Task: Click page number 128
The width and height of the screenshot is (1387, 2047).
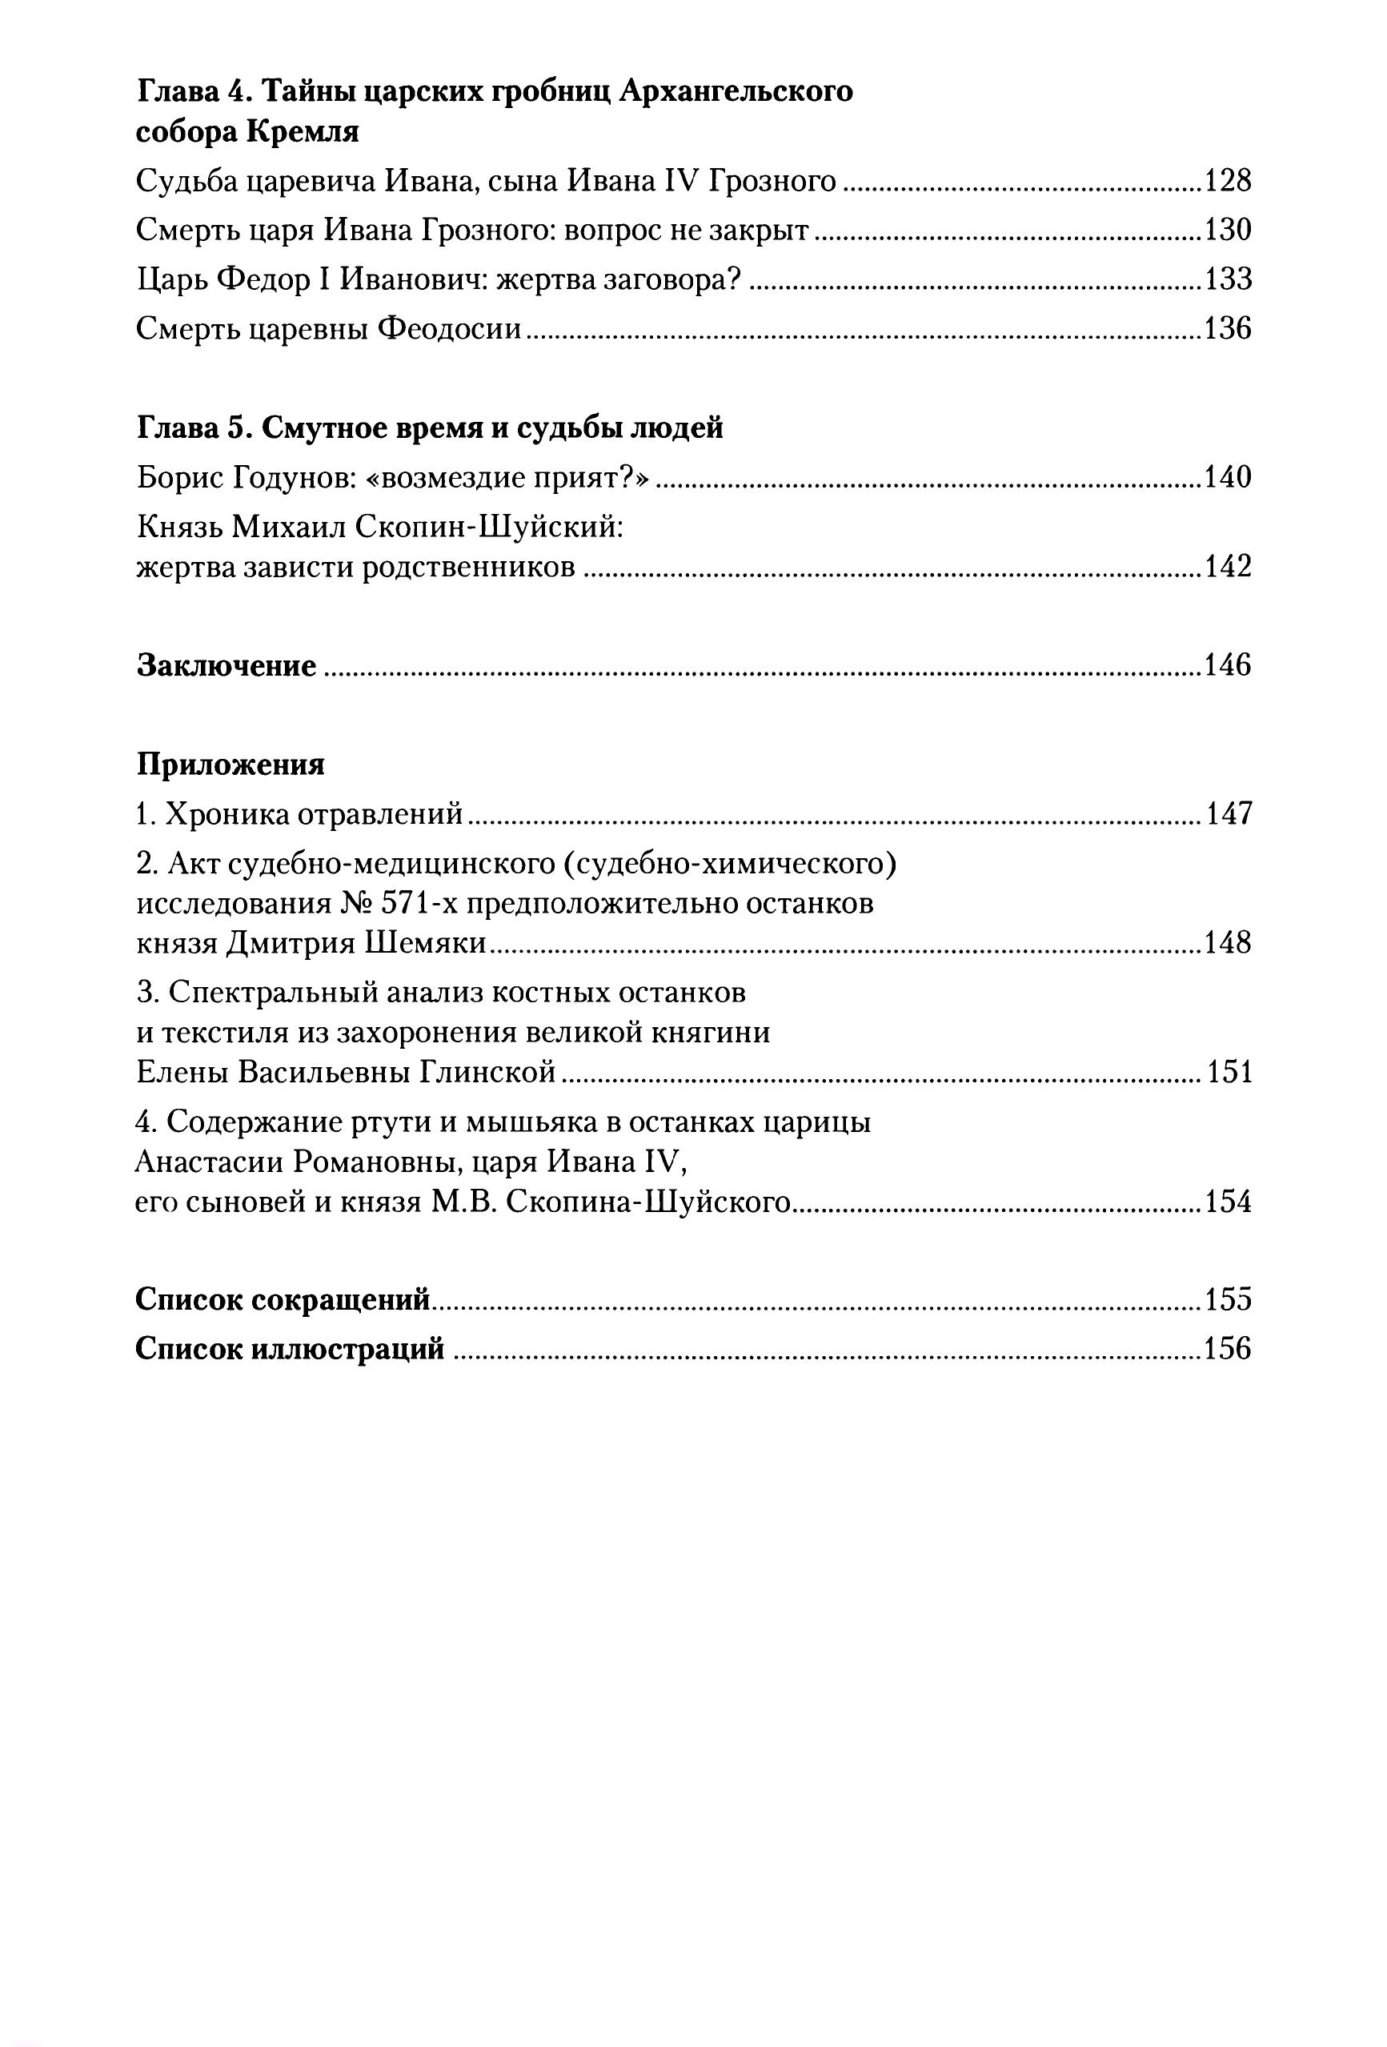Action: pos(1227,182)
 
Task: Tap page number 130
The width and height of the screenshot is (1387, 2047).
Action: pos(1227,231)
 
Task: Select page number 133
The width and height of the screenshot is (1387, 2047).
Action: pos(1227,280)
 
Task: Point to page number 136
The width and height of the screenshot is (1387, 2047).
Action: pos(1227,329)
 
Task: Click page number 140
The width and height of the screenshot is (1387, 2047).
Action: pos(1227,477)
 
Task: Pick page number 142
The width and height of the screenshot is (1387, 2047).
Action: pos(1227,566)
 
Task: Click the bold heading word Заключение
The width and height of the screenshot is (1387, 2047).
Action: pos(226,665)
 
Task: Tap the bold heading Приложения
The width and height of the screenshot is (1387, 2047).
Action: pos(230,765)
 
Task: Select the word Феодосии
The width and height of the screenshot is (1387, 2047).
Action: pos(449,329)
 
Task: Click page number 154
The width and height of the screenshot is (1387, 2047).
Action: pos(1227,1202)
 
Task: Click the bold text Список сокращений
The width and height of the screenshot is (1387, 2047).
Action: pos(283,1300)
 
